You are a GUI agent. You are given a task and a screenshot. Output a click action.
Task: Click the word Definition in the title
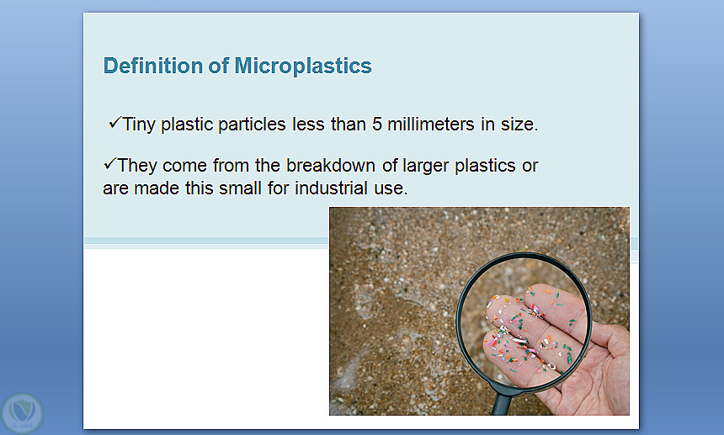tap(153, 66)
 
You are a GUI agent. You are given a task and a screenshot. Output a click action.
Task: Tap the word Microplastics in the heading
tap(303, 66)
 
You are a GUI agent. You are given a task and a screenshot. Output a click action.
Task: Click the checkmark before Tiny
tap(115, 123)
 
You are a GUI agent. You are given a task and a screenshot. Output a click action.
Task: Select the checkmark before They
tap(110, 164)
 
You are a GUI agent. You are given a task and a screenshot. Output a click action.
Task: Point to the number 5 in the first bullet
tap(377, 124)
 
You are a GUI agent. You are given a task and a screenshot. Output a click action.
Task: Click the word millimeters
tap(431, 124)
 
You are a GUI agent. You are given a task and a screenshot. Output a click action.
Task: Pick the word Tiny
tap(139, 125)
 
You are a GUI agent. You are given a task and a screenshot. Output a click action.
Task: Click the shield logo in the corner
tap(22, 412)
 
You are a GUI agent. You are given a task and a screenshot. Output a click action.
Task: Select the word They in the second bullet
tap(137, 166)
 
